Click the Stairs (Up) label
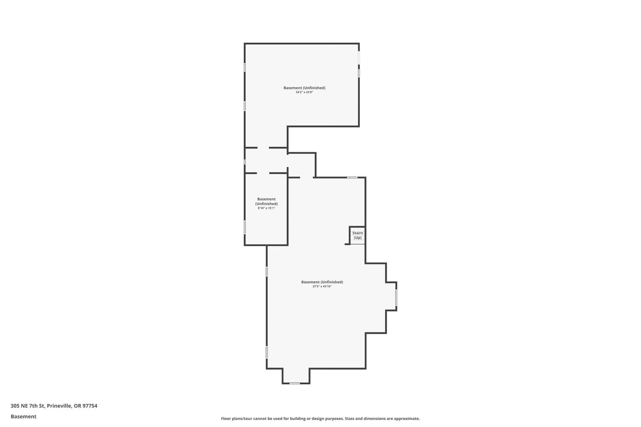pyautogui.click(x=357, y=235)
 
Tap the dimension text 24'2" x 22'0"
pyautogui.click(x=304, y=93)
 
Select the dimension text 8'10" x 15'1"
pyautogui.click(x=266, y=208)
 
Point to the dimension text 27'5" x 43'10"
pyautogui.click(x=322, y=286)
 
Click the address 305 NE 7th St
pyautogui.click(x=28, y=406)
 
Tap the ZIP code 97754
pyautogui.click(x=90, y=406)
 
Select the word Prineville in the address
pyautogui.click(x=59, y=406)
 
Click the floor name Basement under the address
pyautogui.click(x=23, y=417)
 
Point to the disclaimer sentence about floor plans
pyautogui.click(x=320, y=419)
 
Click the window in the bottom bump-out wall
pyautogui.click(x=295, y=383)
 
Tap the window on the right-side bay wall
pyautogui.click(x=396, y=297)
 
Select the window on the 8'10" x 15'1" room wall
pyautogui.click(x=245, y=227)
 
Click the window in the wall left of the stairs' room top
pyautogui.click(x=352, y=178)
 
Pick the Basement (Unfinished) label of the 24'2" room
pyautogui.click(x=304, y=88)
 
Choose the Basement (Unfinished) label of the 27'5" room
pyautogui.click(x=322, y=282)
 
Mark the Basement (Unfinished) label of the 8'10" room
pyautogui.click(x=266, y=201)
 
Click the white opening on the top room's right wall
pyautogui.click(x=359, y=58)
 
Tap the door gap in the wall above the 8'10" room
pyautogui.click(x=263, y=173)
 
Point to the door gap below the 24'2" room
pyautogui.click(x=263, y=148)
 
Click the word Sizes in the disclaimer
pyautogui.click(x=350, y=419)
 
